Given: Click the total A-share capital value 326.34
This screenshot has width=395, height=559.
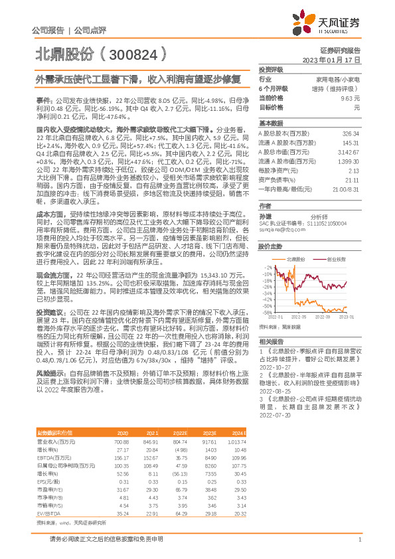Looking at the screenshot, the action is tap(351, 133).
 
